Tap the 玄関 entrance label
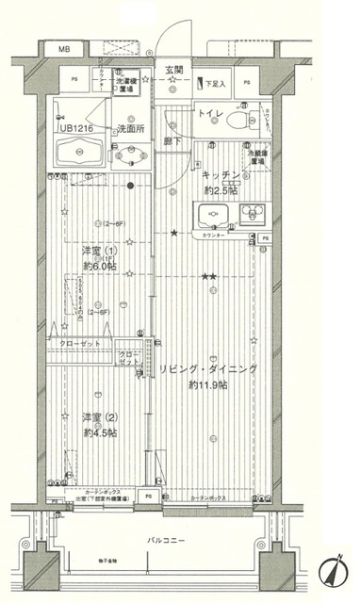click(174, 70)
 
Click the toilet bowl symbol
click(242, 122)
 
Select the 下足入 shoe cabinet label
click(217, 85)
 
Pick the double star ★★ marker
click(209, 275)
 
